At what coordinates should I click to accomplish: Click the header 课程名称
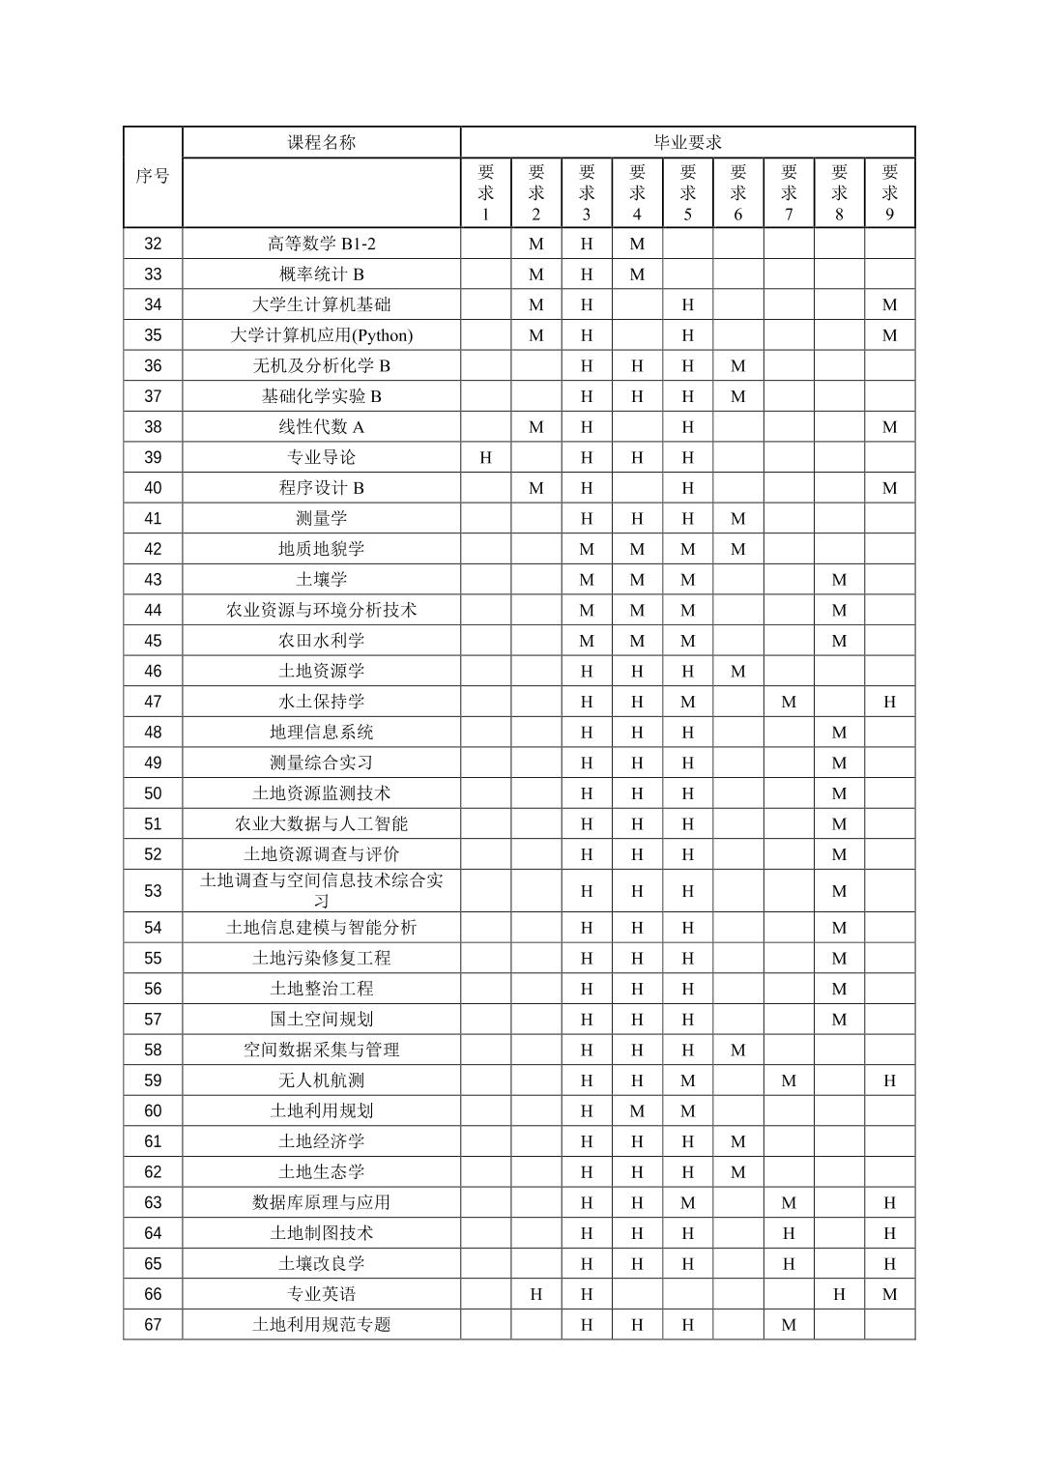click(321, 142)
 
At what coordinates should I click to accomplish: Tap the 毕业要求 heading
click(687, 142)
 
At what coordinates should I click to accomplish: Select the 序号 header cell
click(153, 176)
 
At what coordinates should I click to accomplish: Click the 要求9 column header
click(889, 192)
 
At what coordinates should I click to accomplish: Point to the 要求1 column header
click(485, 192)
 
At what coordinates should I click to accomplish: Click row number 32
click(153, 244)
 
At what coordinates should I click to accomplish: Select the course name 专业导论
click(321, 457)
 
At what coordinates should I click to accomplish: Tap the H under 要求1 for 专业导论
click(485, 457)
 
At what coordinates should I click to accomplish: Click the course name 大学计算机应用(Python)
click(321, 335)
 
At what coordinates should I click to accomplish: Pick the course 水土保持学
click(321, 702)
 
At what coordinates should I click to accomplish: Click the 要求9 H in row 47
click(889, 702)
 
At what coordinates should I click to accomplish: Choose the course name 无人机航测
click(321, 1080)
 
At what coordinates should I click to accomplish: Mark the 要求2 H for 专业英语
click(536, 1294)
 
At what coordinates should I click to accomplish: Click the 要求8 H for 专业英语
click(839, 1294)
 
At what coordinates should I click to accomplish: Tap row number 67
click(153, 1325)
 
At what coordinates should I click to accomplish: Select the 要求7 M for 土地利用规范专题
click(789, 1325)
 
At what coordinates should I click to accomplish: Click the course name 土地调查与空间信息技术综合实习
click(321, 890)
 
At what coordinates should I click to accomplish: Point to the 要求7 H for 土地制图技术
click(789, 1233)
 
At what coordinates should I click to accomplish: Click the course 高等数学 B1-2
click(321, 244)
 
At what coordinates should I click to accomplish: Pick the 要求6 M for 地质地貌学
click(738, 549)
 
